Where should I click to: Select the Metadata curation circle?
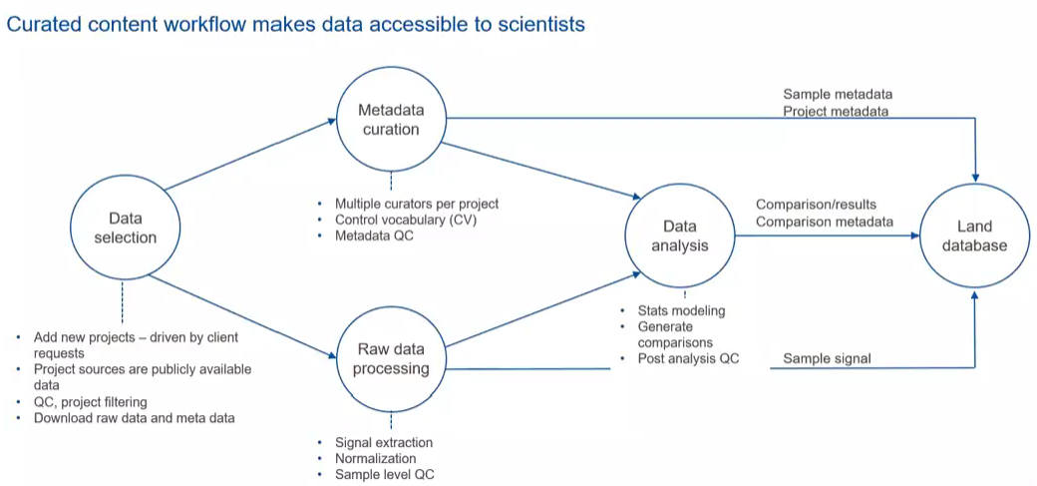coord(391,119)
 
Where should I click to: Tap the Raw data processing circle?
coord(391,358)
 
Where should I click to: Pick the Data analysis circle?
coord(680,237)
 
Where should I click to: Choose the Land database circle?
coord(975,237)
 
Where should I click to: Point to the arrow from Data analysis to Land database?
coord(828,237)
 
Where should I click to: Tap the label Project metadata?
coord(835,111)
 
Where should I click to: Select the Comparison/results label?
coord(816,205)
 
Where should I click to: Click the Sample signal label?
coord(827,358)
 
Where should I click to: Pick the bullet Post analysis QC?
coord(688,358)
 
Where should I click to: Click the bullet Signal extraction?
coord(384,442)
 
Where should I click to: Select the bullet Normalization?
coord(375,458)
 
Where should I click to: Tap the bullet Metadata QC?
coord(374,236)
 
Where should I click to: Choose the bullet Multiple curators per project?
coord(416,204)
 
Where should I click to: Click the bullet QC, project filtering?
coord(91,402)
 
